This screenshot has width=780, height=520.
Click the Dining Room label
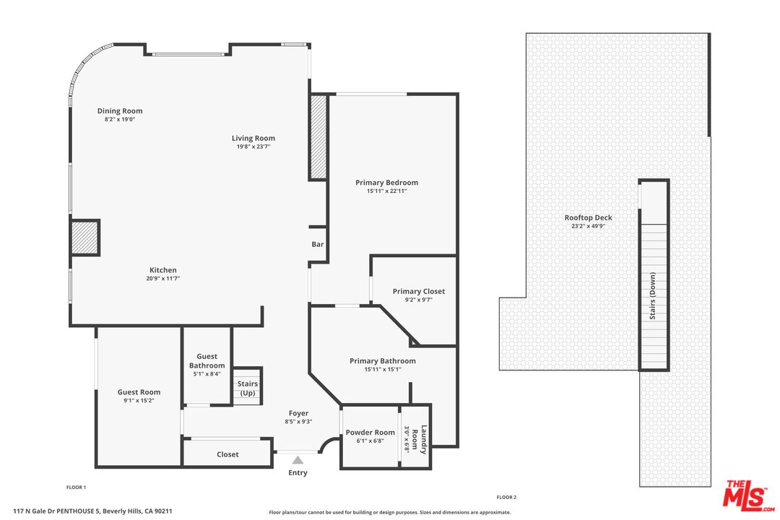pos(120,111)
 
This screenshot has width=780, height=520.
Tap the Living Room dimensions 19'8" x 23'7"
pos(253,147)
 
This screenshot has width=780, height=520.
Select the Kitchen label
pos(163,270)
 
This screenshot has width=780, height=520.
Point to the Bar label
pos(318,244)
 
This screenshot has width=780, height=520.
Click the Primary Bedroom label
pos(386,183)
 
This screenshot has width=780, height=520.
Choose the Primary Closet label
pos(419,291)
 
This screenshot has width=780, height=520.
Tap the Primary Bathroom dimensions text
pos(383,369)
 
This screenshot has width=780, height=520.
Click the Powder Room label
pos(370,433)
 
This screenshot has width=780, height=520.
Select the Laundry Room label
pos(419,439)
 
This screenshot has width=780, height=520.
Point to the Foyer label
pos(298,413)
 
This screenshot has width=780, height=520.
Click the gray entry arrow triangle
pos(298,460)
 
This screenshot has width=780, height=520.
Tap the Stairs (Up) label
pos(248,388)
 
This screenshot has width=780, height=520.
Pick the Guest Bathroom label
pos(207,361)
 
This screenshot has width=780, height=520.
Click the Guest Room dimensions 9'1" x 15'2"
pos(139,401)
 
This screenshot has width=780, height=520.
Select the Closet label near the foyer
pos(227,454)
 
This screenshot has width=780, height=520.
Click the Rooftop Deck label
pos(589,217)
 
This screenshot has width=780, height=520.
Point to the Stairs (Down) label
pos(653,295)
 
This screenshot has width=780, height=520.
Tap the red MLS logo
pos(748,495)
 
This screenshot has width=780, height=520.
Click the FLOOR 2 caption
pos(506,497)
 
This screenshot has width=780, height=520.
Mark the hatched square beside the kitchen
pos(84,238)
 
